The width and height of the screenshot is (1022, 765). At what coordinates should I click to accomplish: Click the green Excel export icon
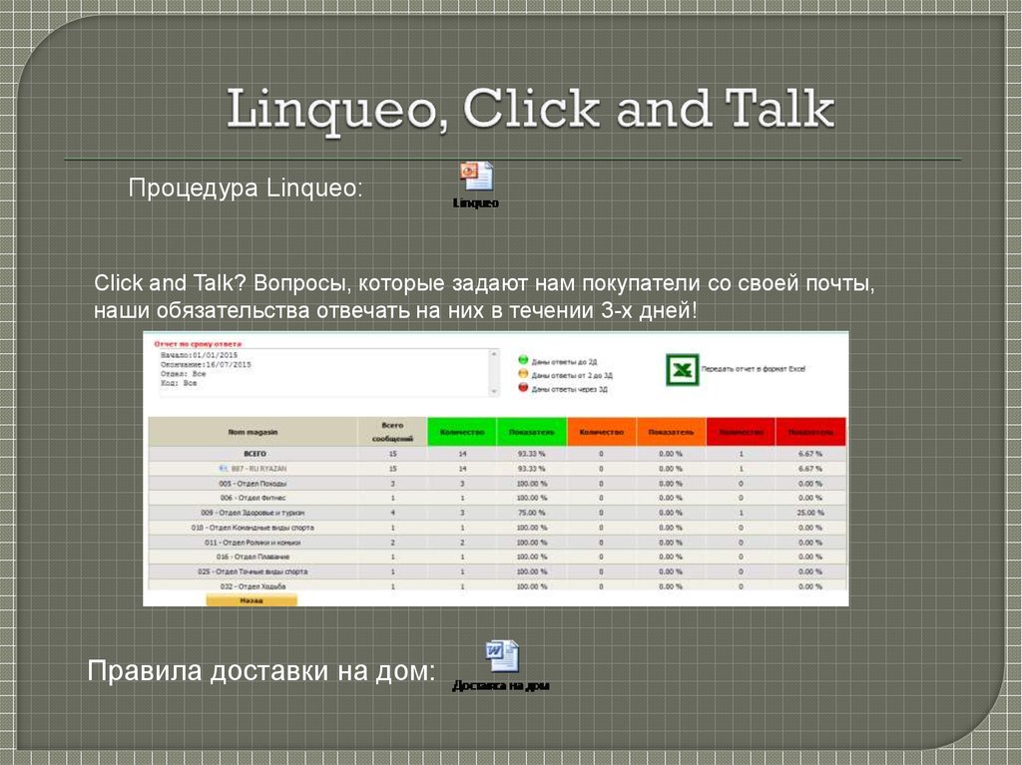coord(682,369)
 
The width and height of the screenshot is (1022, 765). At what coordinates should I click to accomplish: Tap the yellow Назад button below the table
coord(252,600)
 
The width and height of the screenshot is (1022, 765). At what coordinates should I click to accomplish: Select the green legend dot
coord(522,360)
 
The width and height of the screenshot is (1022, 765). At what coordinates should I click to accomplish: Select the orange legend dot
coord(522,374)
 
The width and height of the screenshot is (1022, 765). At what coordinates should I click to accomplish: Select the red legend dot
coord(522,388)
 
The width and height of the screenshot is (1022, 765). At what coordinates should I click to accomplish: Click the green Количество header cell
coord(461,432)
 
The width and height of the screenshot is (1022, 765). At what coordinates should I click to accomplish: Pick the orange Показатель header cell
coord(671,432)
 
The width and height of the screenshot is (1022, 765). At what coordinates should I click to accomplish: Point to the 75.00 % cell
coord(531,513)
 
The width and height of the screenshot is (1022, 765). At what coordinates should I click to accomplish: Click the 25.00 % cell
coord(810,513)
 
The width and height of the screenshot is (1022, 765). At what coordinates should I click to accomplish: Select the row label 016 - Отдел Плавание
coord(254,557)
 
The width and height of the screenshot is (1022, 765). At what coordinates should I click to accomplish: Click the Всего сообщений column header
coord(392,432)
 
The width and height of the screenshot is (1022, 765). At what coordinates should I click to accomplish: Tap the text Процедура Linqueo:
coord(246,189)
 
